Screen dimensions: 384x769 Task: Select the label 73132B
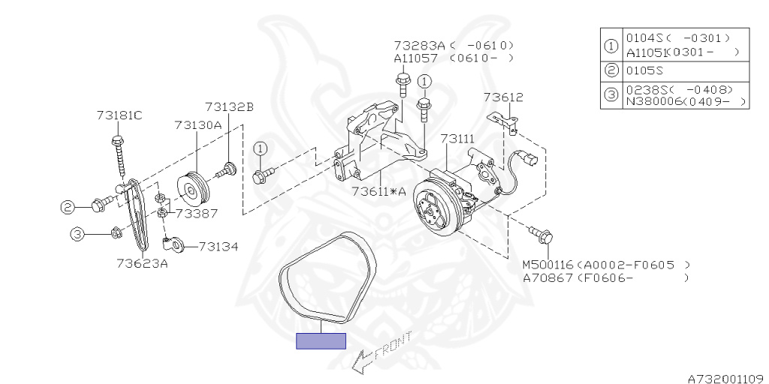[229, 107]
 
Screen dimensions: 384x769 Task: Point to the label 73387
[196, 213]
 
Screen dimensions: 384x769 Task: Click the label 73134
[218, 246]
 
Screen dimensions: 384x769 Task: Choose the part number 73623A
[142, 262]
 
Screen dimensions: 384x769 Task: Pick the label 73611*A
[378, 191]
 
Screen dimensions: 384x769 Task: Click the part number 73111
[457, 139]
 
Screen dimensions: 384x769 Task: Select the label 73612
[503, 97]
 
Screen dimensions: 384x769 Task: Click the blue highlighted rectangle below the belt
[321, 341]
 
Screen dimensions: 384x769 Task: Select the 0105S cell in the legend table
[646, 71]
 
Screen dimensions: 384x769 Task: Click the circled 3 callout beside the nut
[78, 234]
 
